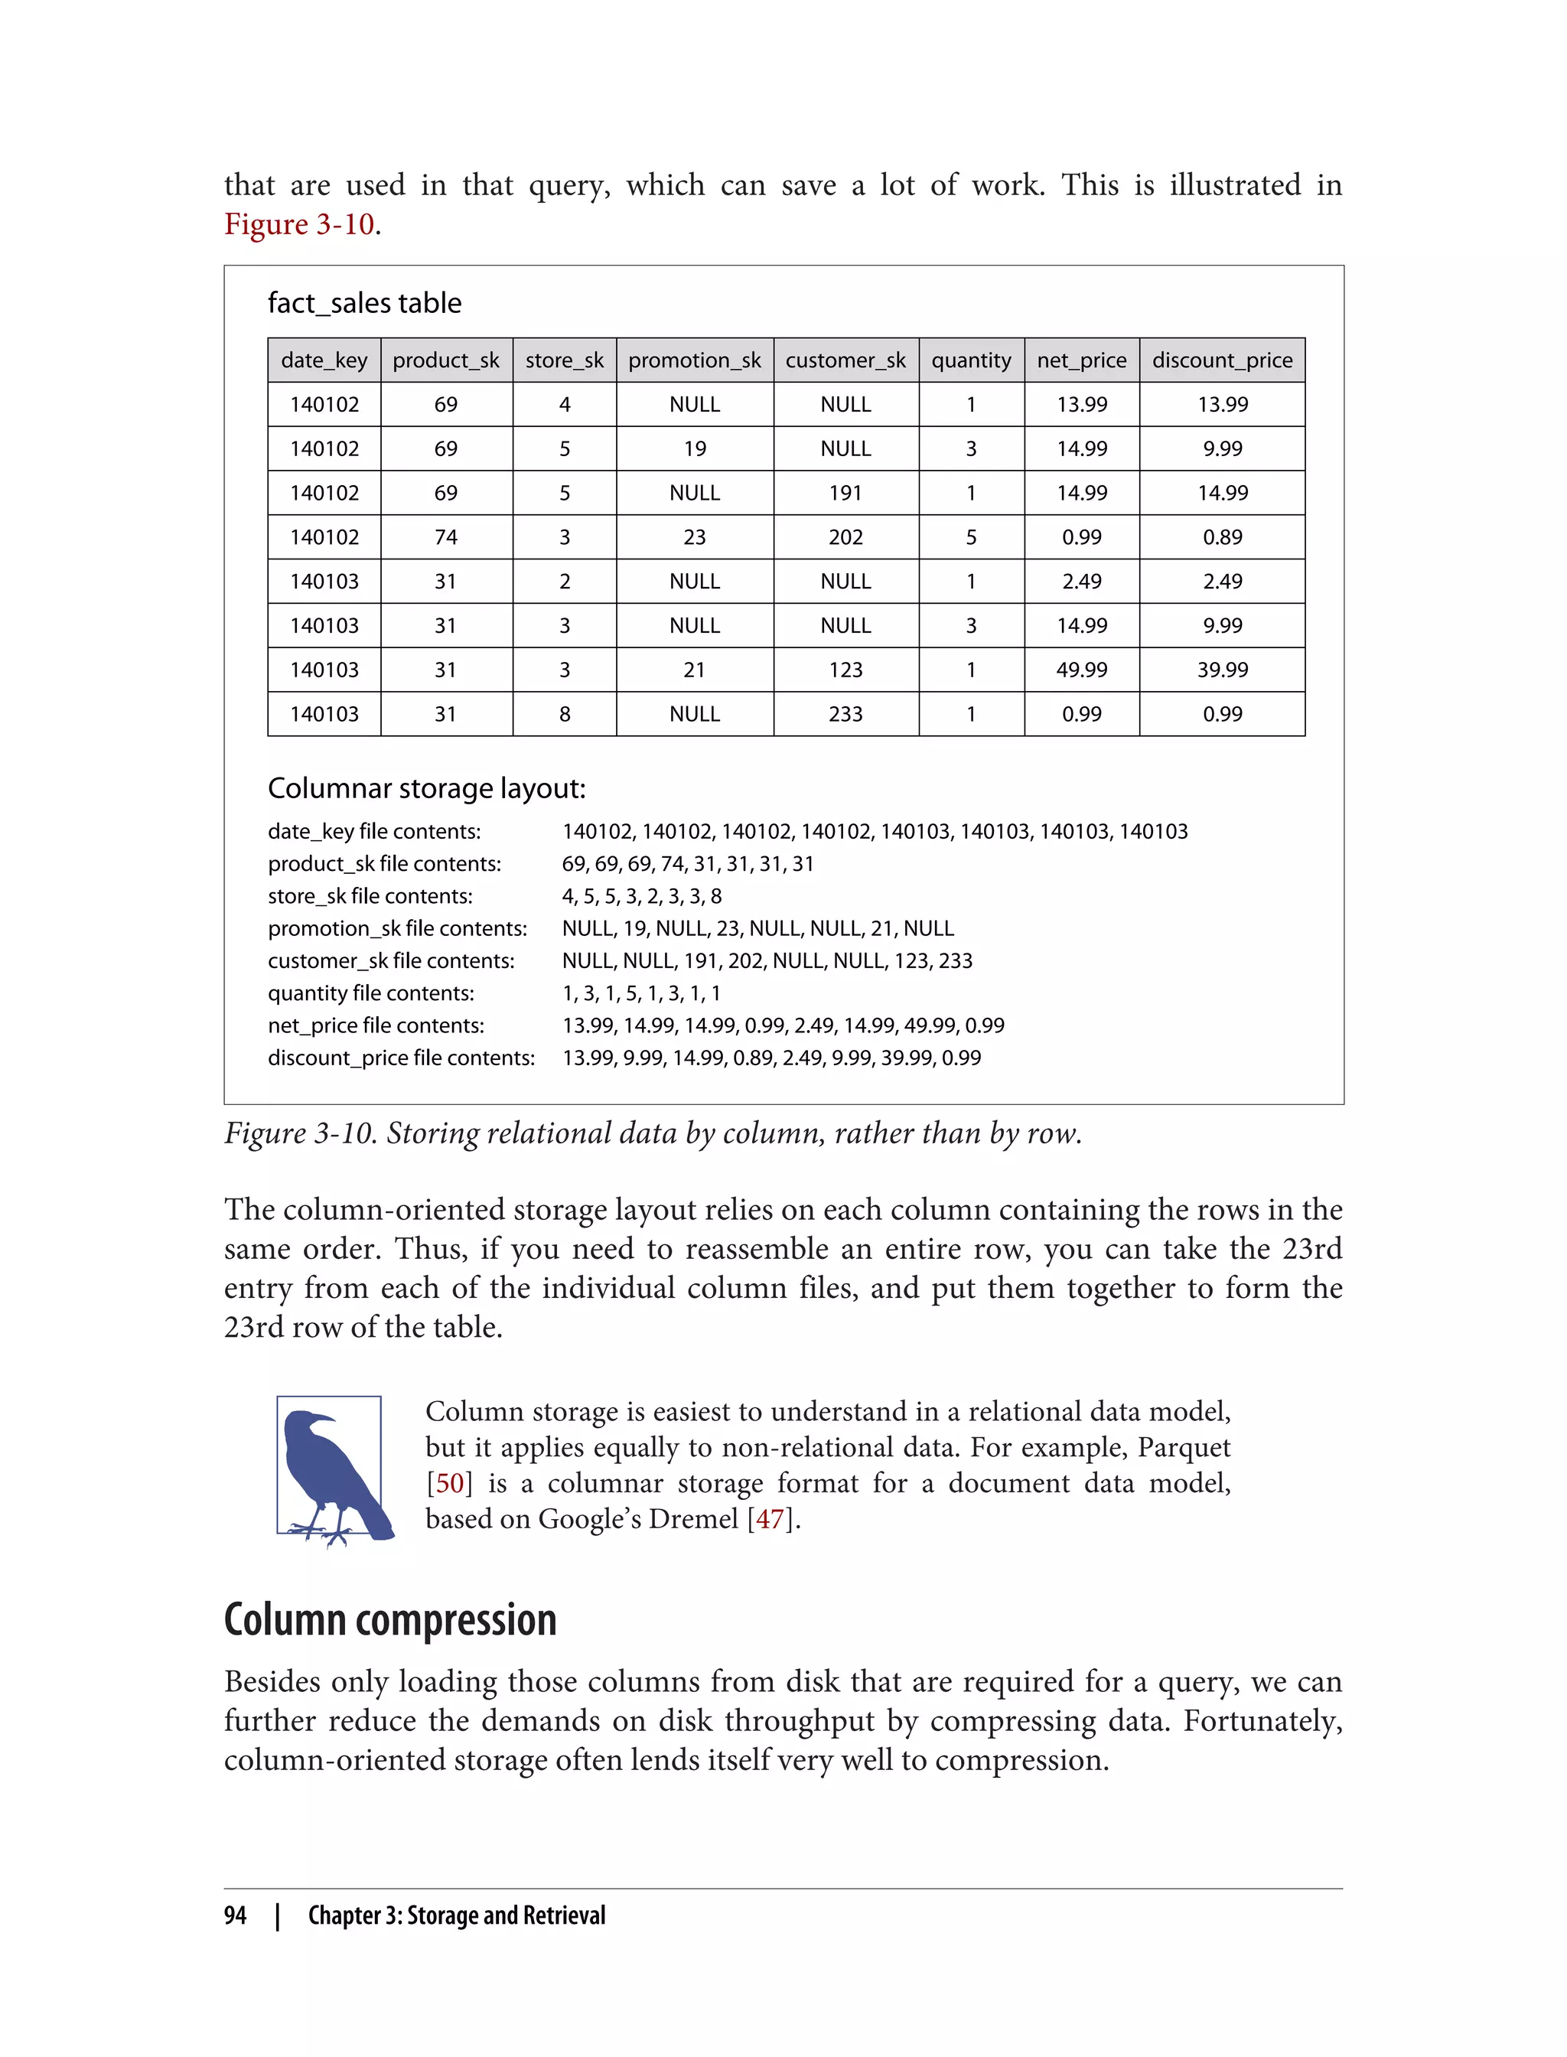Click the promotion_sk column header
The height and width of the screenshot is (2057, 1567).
(694, 360)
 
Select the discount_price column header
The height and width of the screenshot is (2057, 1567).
(1222, 360)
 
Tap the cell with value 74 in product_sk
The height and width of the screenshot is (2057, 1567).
(446, 537)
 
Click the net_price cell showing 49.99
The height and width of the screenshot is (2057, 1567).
(1081, 670)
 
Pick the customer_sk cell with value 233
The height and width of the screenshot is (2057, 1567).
(845, 714)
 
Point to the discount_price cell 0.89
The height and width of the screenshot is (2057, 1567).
(1222, 537)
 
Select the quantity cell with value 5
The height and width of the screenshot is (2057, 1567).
(971, 537)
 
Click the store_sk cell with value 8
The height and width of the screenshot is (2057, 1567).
(565, 714)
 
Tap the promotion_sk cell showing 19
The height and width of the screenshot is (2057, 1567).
(694, 448)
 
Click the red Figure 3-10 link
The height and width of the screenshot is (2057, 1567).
(298, 225)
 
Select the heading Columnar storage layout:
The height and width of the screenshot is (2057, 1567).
(426, 788)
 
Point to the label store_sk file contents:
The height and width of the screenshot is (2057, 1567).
(370, 897)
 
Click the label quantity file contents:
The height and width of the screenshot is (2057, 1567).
(370, 993)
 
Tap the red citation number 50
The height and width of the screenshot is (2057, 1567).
(450, 1483)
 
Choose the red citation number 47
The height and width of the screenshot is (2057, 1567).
(770, 1519)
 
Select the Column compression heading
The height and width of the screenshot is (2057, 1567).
(390, 1620)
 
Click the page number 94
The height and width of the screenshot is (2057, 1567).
(235, 1915)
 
